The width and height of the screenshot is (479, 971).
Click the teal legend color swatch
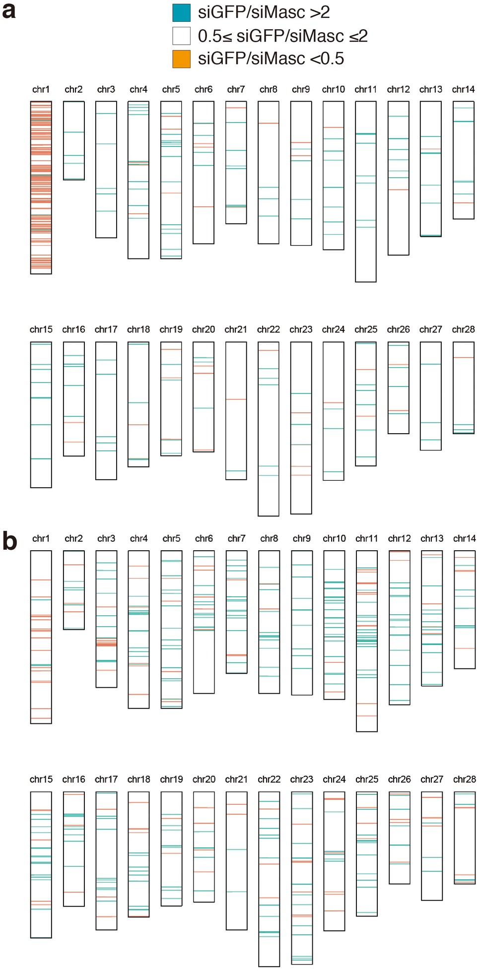[181, 12]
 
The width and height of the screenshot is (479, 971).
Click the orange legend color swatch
[181, 59]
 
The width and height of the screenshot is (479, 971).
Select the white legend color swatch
[181, 36]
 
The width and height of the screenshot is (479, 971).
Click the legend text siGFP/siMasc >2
[264, 12]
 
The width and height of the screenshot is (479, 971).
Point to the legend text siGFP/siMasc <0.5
[271, 59]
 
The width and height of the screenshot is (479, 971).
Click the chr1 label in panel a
[41, 89]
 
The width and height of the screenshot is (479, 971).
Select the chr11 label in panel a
[365, 89]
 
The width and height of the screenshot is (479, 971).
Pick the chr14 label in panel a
[463, 89]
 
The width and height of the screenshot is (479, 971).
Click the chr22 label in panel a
[268, 329]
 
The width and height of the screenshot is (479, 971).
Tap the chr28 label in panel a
[463, 329]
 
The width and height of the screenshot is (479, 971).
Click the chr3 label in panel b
[106, 538]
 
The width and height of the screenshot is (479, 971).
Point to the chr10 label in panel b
[334, 538]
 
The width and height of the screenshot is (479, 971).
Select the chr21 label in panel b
[236, 779]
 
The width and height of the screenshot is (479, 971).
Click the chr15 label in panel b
[41, 779]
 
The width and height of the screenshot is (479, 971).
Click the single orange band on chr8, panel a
[268, 123]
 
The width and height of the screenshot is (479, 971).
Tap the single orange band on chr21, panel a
[236, 399]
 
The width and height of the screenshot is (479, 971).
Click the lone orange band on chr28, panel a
[463, 358]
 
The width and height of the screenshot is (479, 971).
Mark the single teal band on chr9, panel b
[301, 610]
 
